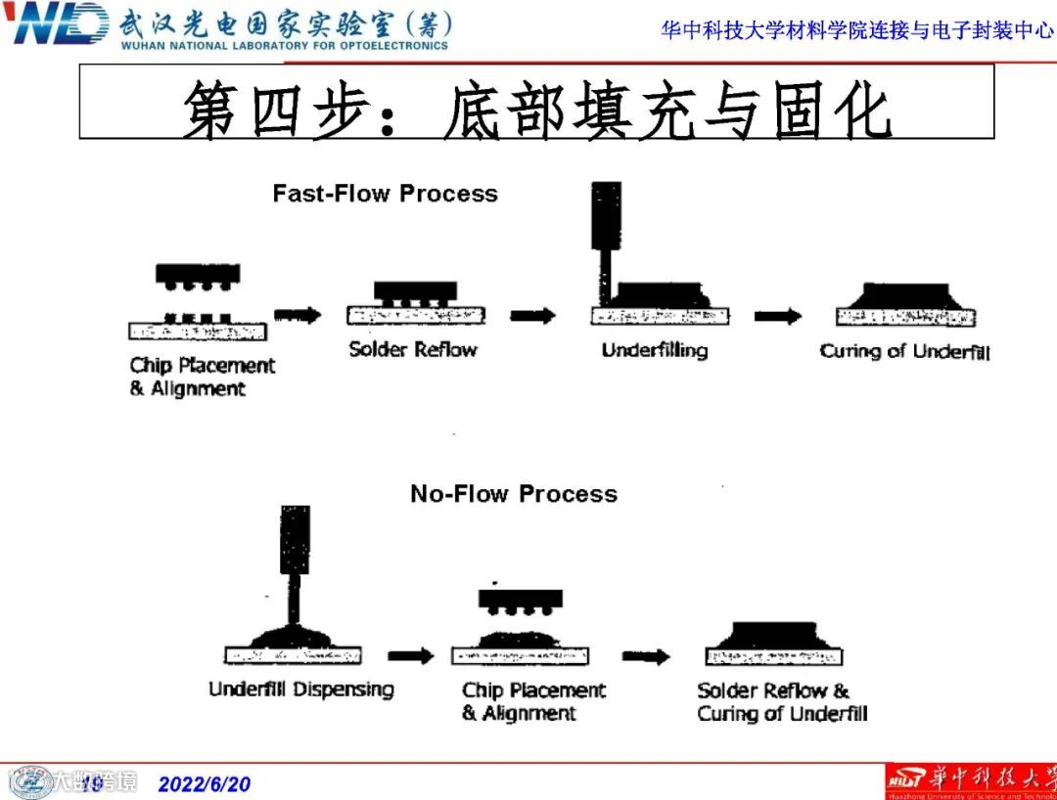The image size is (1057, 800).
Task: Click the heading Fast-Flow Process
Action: (385, 194)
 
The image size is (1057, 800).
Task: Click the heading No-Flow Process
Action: (514, 494)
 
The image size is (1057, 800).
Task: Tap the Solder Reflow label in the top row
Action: (413, 349)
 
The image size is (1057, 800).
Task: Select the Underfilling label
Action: (654, 350)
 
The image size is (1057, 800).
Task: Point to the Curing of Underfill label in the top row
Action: (904, 351)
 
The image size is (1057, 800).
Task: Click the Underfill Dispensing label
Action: (300, 689)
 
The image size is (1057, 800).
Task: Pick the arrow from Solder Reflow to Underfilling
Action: (532, 315)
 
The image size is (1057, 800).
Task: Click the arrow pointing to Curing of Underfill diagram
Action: (777, 316)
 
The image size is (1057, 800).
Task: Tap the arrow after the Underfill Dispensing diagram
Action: (410, 656)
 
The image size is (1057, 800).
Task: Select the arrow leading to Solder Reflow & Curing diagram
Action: (646, 656)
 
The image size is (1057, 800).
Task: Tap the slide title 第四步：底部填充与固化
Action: (536, 110)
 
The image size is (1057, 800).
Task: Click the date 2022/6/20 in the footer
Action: (205, 784)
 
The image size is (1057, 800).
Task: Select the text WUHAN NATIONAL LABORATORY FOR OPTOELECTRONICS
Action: (285, 45)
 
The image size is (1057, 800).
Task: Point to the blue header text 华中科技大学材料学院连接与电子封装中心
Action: (856, 30)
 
